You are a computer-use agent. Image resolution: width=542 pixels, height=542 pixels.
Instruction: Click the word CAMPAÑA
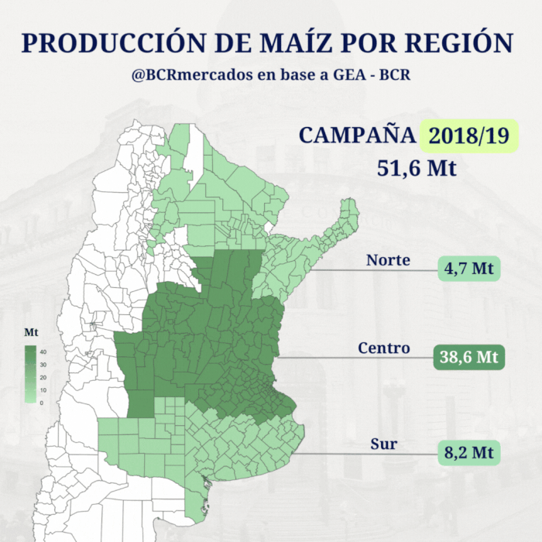coord(357,135)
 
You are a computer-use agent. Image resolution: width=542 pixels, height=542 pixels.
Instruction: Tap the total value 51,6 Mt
coord(417,168)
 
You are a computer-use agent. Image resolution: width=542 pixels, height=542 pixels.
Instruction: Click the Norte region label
coord(388,260)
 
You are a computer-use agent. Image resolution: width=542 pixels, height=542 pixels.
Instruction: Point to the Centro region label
coord(383,348)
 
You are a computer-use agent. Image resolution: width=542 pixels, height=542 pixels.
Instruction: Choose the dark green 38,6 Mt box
coord(467,357)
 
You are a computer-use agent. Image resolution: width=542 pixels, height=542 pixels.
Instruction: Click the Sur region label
coord(384,444)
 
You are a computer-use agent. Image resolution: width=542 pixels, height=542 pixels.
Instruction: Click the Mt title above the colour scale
coord(31,332)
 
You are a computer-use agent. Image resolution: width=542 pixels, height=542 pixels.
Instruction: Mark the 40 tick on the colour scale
coord(43,352)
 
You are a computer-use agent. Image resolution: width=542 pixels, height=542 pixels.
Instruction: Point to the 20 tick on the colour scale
coord(43,377)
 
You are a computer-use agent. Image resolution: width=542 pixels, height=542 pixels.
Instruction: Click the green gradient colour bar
coord(31,375)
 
